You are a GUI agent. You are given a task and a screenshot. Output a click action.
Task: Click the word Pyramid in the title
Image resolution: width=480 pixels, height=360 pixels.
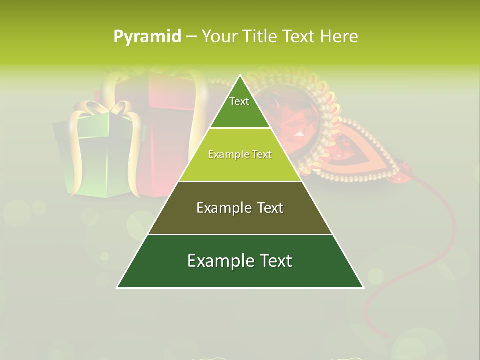tap(147, 37)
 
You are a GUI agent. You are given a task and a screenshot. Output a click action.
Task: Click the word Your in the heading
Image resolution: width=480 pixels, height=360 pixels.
tap(219, 36)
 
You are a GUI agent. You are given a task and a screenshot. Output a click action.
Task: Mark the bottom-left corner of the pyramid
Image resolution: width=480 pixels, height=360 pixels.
tap(118, 287)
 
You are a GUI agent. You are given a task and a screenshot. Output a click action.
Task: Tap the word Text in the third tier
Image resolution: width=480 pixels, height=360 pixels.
tap(270, 208)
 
